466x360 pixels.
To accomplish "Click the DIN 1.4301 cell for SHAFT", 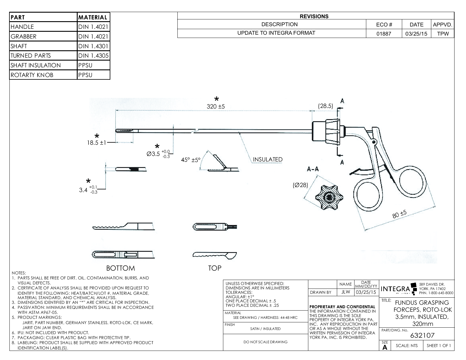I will (x=93, y=46).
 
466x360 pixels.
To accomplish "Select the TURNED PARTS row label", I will (x=31, y=56).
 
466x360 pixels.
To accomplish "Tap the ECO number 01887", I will (x=384, y=34).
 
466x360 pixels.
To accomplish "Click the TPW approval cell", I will (x=443, y=34).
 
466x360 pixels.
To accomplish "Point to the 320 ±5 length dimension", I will (x=216, y=106).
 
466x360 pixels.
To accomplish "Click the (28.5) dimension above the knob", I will (x=326, y=106).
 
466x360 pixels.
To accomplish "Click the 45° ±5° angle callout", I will (x=190, y=160).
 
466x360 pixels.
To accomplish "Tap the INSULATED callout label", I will (x=267, y=159).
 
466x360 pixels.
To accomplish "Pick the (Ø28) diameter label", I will (x=300, y=185).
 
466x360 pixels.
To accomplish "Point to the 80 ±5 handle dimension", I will (x=399, y=214).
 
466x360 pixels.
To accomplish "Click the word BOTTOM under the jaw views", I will (x=121, y=268).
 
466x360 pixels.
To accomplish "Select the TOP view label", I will (x=214, y=268).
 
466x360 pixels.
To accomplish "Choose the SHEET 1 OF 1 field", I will (x=439, y=346).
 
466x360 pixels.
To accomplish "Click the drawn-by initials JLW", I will (x=345, y=292).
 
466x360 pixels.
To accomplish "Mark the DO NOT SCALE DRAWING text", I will (x=265, y=342).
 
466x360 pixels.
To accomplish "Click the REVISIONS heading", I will (x=314, y=16).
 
